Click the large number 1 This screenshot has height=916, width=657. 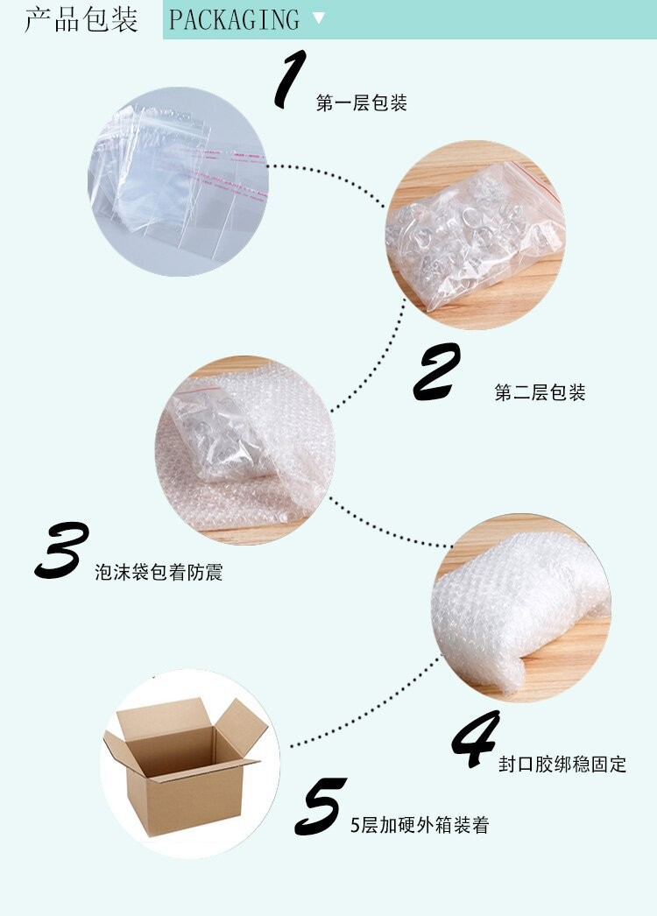pos(290,80)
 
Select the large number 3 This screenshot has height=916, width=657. pos(62,550)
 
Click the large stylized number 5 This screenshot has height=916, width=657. pos(321,807)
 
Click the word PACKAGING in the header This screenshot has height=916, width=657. pos(234,19)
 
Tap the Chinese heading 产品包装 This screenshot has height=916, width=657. pos(81,19)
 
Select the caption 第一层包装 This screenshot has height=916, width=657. pos(361,104)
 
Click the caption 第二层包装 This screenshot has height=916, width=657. pos(540,393)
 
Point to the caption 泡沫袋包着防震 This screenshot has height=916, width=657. pos(159,574)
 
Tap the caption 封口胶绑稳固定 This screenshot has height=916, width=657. pos(562,765)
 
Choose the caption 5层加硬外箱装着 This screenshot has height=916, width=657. pos(420,825)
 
